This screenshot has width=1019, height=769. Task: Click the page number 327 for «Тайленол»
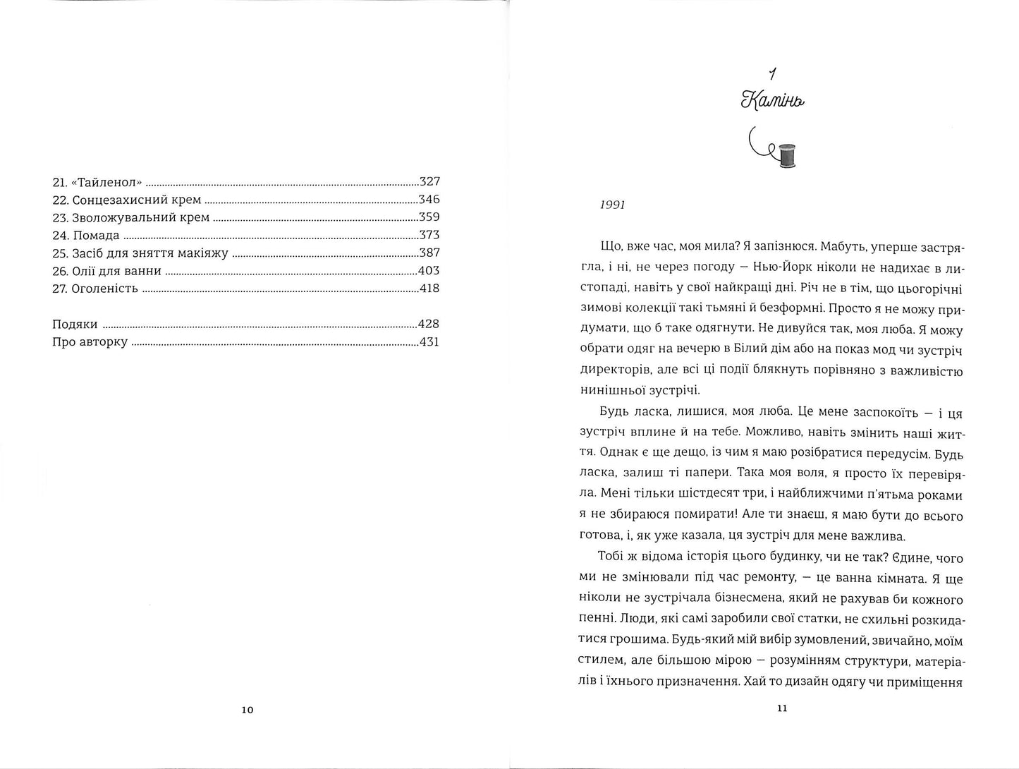coord(429,181)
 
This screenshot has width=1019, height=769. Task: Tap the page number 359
coord(429,217)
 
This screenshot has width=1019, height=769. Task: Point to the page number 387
coord(429,253)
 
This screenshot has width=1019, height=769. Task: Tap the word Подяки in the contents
coord(75,325)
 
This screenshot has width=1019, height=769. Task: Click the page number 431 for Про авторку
coord(429,342)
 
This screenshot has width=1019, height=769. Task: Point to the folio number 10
coord(247,710)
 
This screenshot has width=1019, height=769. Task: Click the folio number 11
coord(781,708)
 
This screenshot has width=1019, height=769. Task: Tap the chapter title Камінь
coord(773,102)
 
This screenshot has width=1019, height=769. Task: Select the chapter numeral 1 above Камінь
coord(773,73)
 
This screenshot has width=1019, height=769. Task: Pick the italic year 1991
coord(612,205)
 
